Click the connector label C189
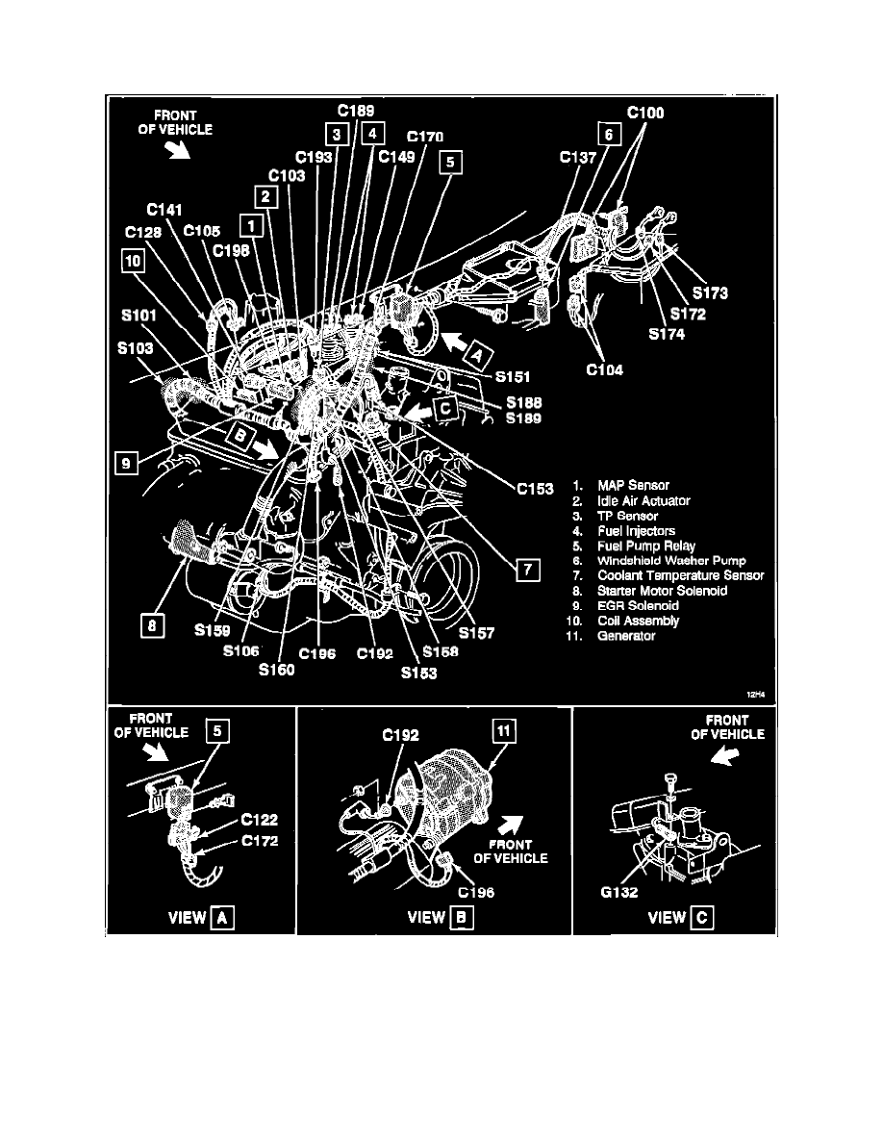pos(356,111)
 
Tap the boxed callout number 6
pos(609,134)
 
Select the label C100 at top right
pos(645,113)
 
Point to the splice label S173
pos(710,293)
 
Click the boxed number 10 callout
pos(134,261)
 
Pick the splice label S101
pos(139,316)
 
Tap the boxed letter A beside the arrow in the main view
pos(476,355)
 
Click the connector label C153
pos(536,489)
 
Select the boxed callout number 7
pos(528,570)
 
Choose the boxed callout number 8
pos(152,625)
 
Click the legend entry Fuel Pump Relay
pos(646,546)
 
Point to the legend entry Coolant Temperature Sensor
pos(680,576)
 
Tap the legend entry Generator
pos(626,636)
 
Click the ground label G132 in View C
pos(619,892)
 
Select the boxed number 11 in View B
pos(504,731)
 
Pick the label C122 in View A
pos(260,820)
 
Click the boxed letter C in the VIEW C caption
pos(701,918)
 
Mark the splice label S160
pos(277,670)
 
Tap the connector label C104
pos(605,370)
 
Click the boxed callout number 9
pos(127,463)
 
